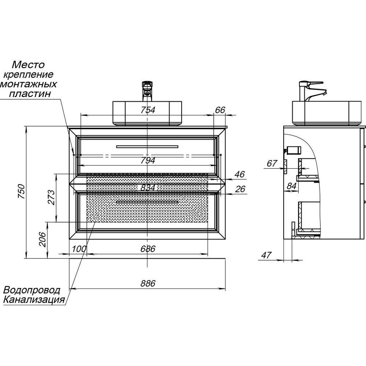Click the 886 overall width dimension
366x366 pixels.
147,283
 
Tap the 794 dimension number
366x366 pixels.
147,160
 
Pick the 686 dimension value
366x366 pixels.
148,249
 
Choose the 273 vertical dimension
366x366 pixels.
51,198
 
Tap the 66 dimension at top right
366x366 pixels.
220,110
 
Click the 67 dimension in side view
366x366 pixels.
272,164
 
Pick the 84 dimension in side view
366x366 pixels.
291,186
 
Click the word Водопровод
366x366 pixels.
32,290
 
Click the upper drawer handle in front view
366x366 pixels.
147,147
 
